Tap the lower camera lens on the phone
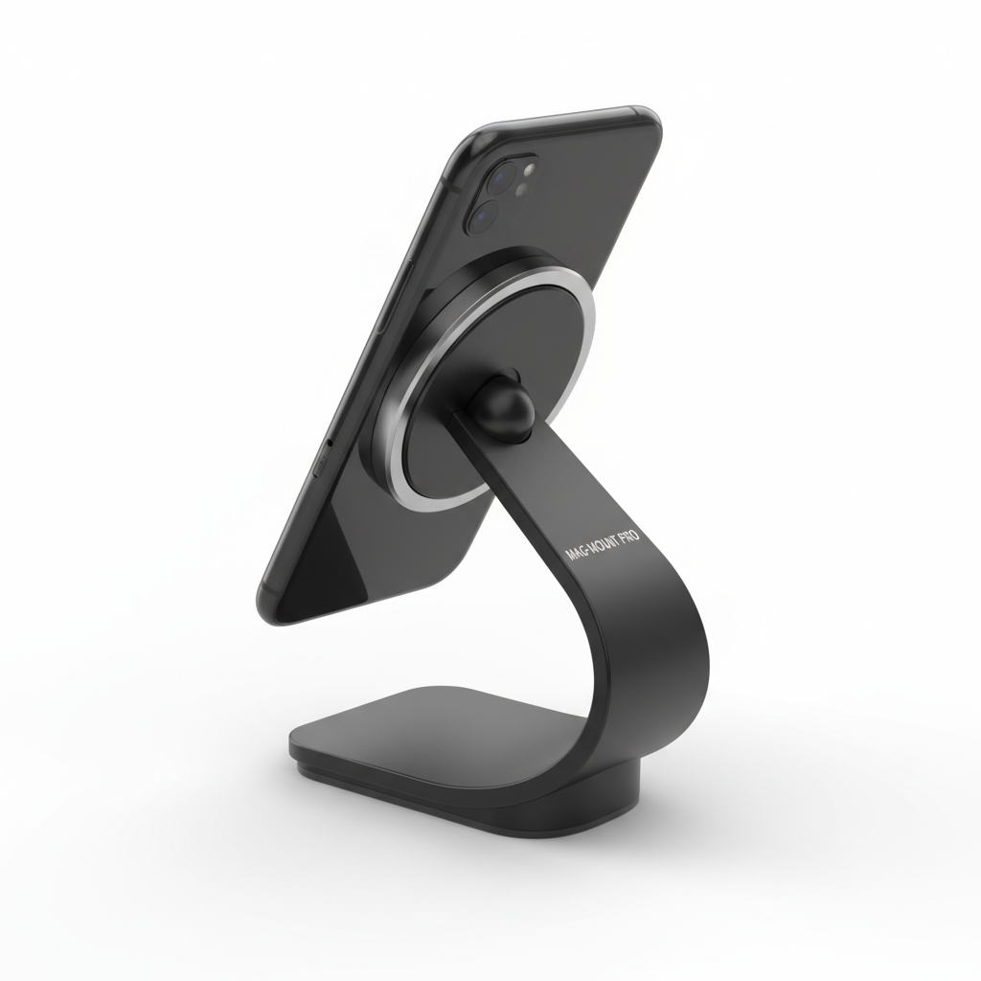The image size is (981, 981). (x=481, y=217)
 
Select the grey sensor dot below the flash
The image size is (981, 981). (x=520, y=191)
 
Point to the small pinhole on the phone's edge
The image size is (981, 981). (x=329, y=444)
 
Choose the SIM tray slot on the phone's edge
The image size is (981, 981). (x=320, y=462)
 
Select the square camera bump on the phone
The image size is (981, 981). (x=498, y=196)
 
